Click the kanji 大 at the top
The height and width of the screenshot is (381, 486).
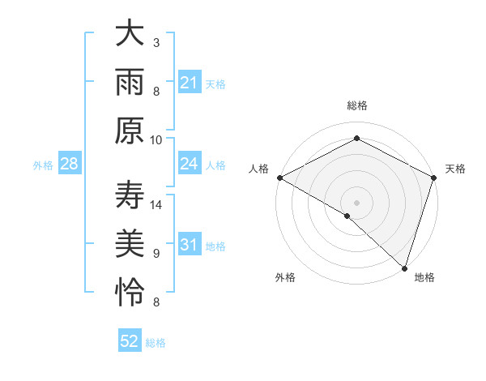(130, 35)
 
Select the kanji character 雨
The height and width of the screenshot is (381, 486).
(130, 83)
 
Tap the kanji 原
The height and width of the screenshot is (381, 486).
(130, 131)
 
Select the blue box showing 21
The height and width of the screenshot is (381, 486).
(190, 83)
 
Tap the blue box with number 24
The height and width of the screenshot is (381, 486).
(190, 165)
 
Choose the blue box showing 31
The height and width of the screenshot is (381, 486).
(190, 245)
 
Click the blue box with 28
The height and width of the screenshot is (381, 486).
(70, 165)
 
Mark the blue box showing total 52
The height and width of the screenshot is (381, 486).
(130, 341)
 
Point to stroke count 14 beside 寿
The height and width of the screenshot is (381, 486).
(157, 204)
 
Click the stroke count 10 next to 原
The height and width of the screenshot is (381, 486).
(157, 139)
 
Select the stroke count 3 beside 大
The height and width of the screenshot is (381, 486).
(156, 42)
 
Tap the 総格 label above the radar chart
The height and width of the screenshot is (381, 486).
(356, 105)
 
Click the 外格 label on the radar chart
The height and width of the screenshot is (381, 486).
(285, 277)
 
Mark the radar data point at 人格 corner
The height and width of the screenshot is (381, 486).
(279, 178)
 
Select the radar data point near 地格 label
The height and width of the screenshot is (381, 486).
(403, 267)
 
